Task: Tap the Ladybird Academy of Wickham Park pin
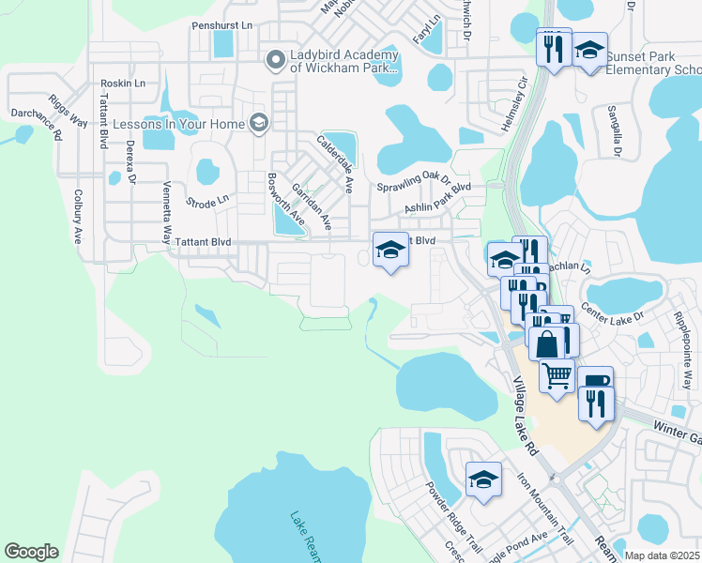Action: pos(275,61)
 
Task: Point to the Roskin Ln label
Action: pos(124,84)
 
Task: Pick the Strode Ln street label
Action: pos(207,201)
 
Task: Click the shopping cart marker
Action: pos(557,376)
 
